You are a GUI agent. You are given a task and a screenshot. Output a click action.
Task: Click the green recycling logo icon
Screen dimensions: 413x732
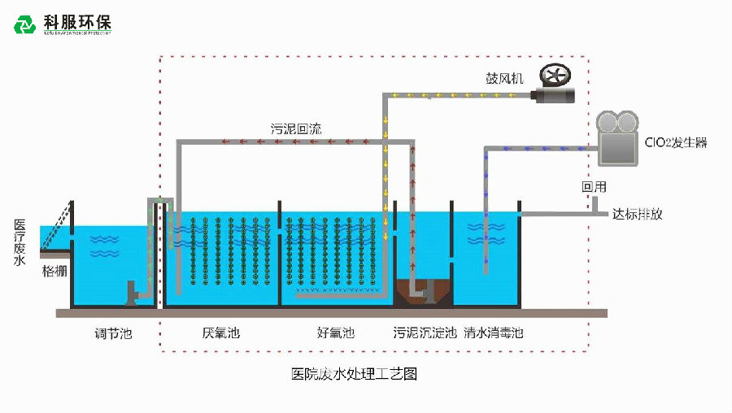(25, 24)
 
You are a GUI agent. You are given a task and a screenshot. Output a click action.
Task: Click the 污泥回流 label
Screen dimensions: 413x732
(296, 128)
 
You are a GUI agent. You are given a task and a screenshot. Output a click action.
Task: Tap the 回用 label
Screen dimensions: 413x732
(594, 187)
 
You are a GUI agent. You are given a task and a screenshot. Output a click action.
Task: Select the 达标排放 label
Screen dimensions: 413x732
(638, 215)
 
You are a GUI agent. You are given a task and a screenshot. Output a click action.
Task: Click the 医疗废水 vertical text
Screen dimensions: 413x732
(20, 241)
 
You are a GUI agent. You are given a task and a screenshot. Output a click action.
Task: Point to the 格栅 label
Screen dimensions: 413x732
(54, 272)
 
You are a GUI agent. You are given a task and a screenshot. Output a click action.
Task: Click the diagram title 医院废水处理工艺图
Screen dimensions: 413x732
(354, 374)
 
